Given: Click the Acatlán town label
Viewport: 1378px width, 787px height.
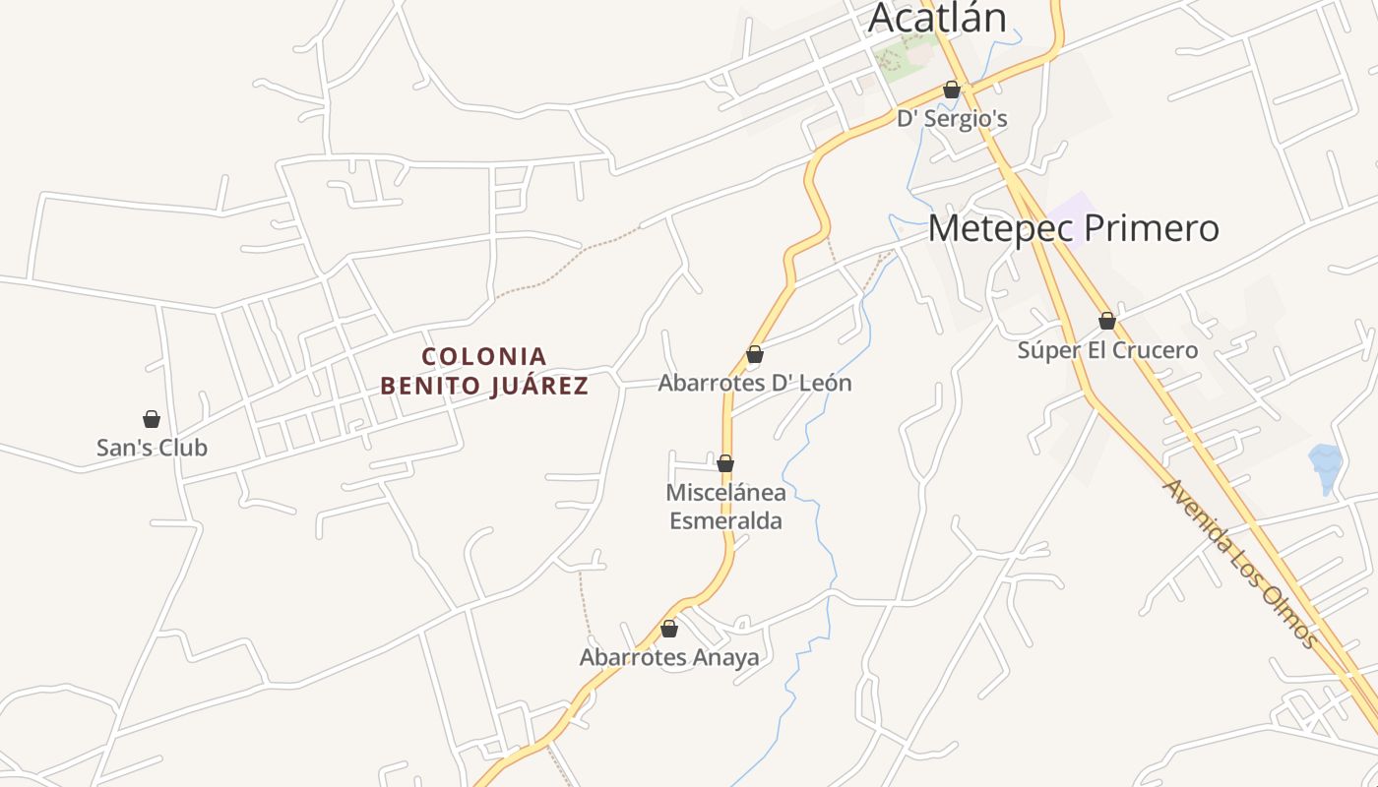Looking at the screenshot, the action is click(x=938, y=19).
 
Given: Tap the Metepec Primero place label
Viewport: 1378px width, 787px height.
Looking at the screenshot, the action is click(x=1073, y=228).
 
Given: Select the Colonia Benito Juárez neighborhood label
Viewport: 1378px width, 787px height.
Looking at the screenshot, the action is click(x=484, y=370).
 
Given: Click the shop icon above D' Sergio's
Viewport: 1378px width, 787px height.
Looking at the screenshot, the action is click(x=952, y=90).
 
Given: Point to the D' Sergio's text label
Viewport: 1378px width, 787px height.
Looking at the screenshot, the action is click(x=952, y=119).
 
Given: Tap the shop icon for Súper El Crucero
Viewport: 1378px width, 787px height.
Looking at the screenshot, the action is click(x=1107, y=321).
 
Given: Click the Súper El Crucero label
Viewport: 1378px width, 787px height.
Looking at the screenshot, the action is click(x=1107, y=350).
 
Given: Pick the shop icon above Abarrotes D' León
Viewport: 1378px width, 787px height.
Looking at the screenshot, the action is click(x=755, y=354).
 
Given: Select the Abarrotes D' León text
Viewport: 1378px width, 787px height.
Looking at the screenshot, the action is click(x=755, y=383).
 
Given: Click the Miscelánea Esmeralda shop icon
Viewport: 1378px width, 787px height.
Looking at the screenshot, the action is click(x=725, y=463).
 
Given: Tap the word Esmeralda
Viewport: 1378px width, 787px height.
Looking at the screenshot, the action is click(x=726, y=520).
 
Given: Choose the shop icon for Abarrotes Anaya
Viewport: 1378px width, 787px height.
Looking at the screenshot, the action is click(x=669, y=629).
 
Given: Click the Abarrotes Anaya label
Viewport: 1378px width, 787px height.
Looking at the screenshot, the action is click(x=669, y=657).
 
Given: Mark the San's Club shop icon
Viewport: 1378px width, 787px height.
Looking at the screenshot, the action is click(x=152, y=419).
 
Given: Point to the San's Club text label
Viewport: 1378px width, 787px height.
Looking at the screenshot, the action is click(x=152, y=448).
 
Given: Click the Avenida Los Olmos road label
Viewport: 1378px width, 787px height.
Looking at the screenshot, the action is click(x=1240, y=563).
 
